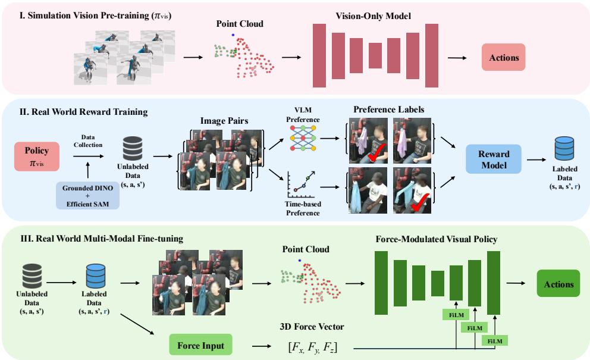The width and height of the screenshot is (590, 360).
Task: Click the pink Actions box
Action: (x=503, y=58)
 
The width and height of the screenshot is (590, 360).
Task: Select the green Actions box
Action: (x=558, y=284)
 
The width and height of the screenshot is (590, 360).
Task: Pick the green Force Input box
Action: (x=200, y=345)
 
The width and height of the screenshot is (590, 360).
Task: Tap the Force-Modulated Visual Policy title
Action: (x=436, y=240)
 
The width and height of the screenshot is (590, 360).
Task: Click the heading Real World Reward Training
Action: (x=80, y=111)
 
